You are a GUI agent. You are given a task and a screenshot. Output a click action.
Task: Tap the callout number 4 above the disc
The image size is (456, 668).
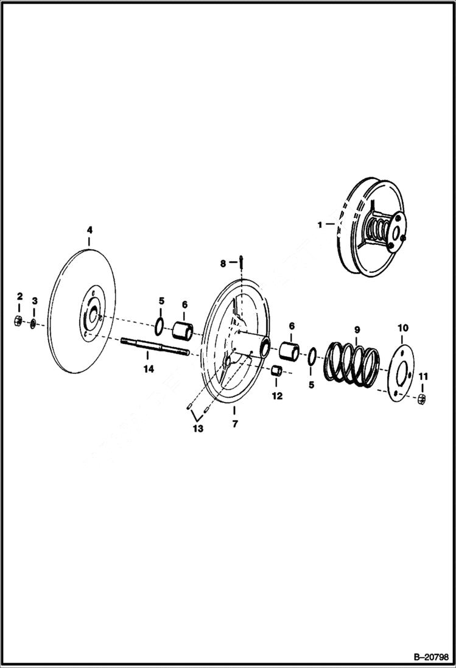coord(89,230)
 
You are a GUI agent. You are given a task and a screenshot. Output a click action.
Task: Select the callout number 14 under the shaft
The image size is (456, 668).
coord(149,368)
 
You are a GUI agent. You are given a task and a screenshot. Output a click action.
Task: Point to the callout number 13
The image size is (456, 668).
coord(198,428)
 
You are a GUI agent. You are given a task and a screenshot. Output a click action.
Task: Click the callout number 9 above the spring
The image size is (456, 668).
coord(357,329)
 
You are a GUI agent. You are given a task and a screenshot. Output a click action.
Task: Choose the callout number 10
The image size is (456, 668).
coord(403,328)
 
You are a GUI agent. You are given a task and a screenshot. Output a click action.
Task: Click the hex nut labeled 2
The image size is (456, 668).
coord(18,321)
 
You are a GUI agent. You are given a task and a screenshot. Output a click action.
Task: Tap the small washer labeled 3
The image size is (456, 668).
coord(33,322)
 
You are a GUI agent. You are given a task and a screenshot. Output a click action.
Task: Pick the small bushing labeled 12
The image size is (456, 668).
coord(276,371)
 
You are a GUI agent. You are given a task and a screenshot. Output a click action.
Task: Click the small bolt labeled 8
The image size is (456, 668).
coord(242,262)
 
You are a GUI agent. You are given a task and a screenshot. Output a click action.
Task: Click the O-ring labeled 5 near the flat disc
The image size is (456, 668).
coord(158,326)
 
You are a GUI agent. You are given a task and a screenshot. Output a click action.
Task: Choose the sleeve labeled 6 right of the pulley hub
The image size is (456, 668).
coord(289,352)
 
